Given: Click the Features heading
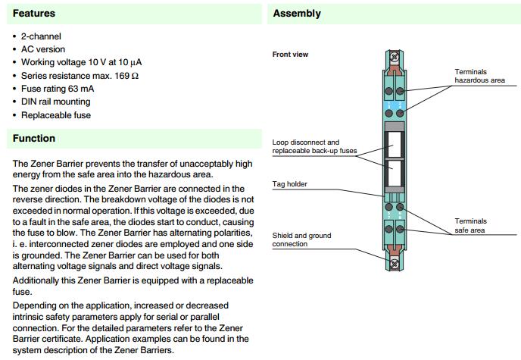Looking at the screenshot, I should pos(33,14).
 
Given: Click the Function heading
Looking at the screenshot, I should pos(33,139).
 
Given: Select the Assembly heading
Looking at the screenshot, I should pos(297,14).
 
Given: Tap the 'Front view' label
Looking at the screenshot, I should pos(290,55).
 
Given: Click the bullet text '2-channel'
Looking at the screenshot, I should pos(41,36).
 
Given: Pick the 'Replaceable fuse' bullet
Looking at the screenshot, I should pos(55,115).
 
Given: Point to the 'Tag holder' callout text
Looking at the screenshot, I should pos(290,184).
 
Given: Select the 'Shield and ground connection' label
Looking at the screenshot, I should pos(301,239).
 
